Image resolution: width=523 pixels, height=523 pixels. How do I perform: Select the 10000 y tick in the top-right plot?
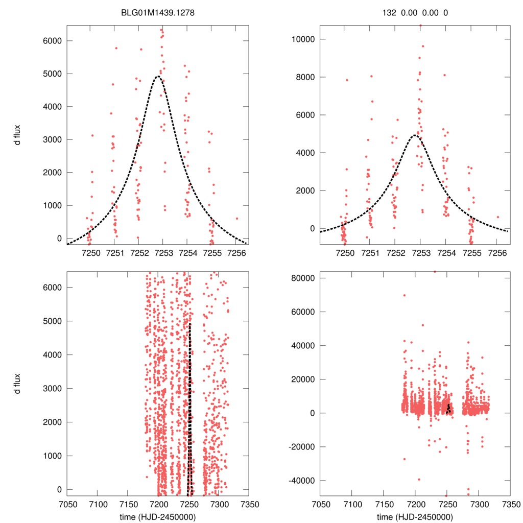click(301, 39)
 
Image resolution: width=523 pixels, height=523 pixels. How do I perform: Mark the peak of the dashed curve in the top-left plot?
click(158, 77)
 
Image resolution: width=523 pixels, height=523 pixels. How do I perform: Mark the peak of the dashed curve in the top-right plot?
click(416, 135)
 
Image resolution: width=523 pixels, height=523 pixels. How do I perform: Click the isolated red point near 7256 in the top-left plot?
click(236, 218)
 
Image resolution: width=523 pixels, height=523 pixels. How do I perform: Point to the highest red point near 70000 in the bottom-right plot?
click(404, 295)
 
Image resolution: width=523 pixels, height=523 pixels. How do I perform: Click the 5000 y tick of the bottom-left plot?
click(52, 321)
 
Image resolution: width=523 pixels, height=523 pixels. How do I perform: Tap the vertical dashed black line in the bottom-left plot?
click(190, 409)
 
